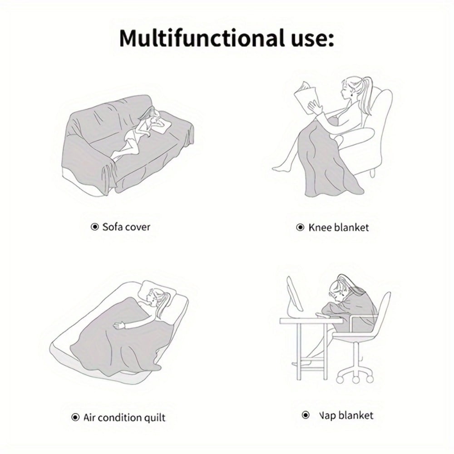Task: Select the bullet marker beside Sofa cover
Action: pyautogui.click(x=94, y=227)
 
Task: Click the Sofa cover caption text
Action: pyautogui.click(x=126, y=227)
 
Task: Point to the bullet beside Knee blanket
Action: pyautogui.click(x=300, y=227)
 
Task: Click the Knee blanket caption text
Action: pyautogui.click(x=339, y=227)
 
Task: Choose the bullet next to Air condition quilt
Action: pyautogui.click(x=75, y=417)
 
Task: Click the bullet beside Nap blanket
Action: pyautogui.click(x=306, y=415)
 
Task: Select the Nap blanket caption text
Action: pyautogui.click(x=346, y=415)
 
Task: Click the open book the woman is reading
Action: pyautogui.click(x=306, y=97)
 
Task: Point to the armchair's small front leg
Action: pyautogui.click(x=373, y=173)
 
